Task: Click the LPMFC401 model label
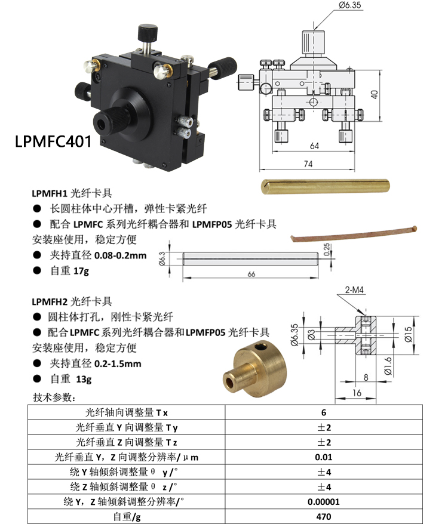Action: pyautogui.click(x=53, y=141)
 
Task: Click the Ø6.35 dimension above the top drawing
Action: pyautogui.click(x=349, y=5)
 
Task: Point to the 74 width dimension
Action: pyautogui.click(x=308, y=164)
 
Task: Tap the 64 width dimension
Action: pyautogui.click(x=315, y=146)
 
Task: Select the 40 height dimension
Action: pyautogui.click(x=375, y=94)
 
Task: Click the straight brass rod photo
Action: pyautogui.click(x=325, y=186)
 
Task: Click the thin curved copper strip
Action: pyautogui.click(x=354, y=233)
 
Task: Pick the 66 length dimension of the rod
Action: pyautogui.click(x=251, y=274)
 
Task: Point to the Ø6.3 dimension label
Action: pyautogui.click(x=162, y=258)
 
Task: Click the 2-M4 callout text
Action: pyautogui.click(x=354, y=289)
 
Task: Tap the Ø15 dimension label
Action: pyautogui.click(x=408, y=334)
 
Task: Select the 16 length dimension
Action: pyautogui.click(x=357, y=393)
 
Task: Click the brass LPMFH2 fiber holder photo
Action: pyautogui.click(x=255, y=369)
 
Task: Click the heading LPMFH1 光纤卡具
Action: pyautogui.click(x=72, y=193)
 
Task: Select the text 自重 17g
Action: pyautogui.click(x=70, y=271)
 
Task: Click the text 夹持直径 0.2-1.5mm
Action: pyautogui.click(x=96, y=363)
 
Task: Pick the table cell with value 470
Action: pyautogui.click(x=324, y=516)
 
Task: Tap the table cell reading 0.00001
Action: pyautogui.click(x=324, y=501)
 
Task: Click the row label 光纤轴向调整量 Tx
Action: pyautogui.click(x=127, y=412)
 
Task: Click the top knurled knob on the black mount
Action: pyautogui.click(x=148, y=32)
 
